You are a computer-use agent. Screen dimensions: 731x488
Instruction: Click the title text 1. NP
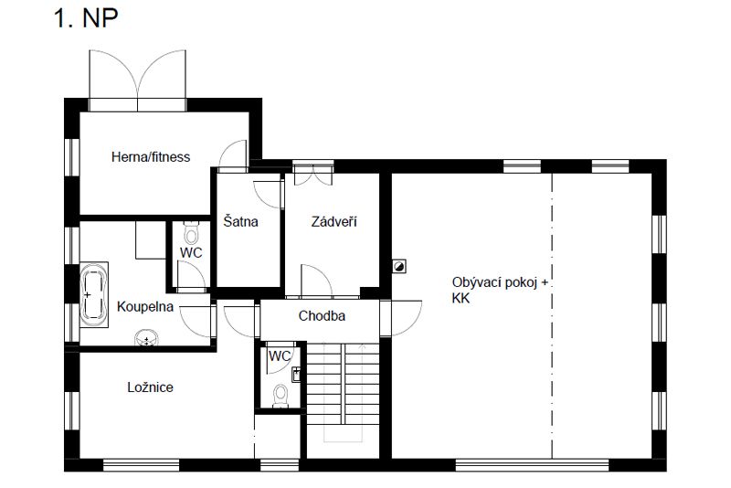(x=86, y=18)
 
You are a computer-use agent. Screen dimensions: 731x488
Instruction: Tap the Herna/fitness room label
(x=151, y=157)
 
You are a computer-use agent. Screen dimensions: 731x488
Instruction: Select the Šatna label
(x=240, y=221)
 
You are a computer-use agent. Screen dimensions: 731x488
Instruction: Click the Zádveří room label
(x=334, y=221)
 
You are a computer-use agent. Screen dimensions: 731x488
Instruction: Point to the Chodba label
(x=322, y=316)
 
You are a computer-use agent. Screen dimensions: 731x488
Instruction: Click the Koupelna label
(x=145, y=307)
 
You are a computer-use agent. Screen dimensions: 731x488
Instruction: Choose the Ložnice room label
(x=150, y=387)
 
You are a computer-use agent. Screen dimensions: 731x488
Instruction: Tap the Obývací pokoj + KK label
(x=500, y=290)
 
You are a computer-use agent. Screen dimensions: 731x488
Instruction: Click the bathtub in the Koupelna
(x=94, y=295)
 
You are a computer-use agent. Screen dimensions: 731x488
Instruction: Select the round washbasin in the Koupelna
(x=147, y=339)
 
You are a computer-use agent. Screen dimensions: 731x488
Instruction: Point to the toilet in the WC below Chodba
(x=281, y=397)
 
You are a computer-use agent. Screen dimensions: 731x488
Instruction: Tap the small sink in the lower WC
(x=296, y=375)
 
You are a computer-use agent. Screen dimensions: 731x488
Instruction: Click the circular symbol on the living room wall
(x=399, y=267)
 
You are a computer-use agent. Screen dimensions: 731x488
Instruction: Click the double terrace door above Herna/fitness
(x=138, y=80)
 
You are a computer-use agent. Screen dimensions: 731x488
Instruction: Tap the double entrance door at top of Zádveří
(x=313, y=174)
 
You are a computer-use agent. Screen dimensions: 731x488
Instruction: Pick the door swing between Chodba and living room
(x=401, y=318)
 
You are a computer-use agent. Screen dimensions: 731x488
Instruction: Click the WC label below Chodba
(x=280, y=356)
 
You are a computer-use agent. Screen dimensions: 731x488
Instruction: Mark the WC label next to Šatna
(x=191, y=253)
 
